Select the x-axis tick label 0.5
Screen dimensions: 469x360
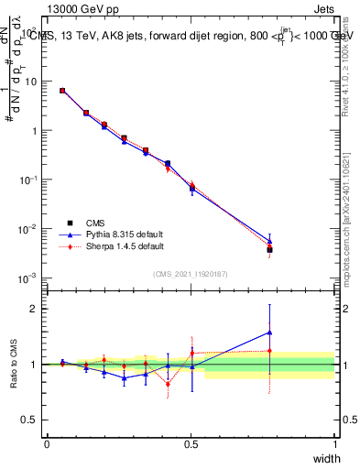(x=191, y=443)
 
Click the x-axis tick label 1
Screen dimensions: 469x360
(x=334, y=443)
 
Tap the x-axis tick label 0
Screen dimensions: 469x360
(x=47, y=443)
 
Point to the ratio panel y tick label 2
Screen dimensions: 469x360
(x=33, y=309)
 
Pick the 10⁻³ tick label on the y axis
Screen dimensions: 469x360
(x=27, y=278)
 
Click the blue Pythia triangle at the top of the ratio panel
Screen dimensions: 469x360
(x=269, y=333)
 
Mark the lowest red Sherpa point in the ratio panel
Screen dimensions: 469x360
(x=168, y=384)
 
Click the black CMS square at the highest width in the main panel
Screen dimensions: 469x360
(x=269, y=249)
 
